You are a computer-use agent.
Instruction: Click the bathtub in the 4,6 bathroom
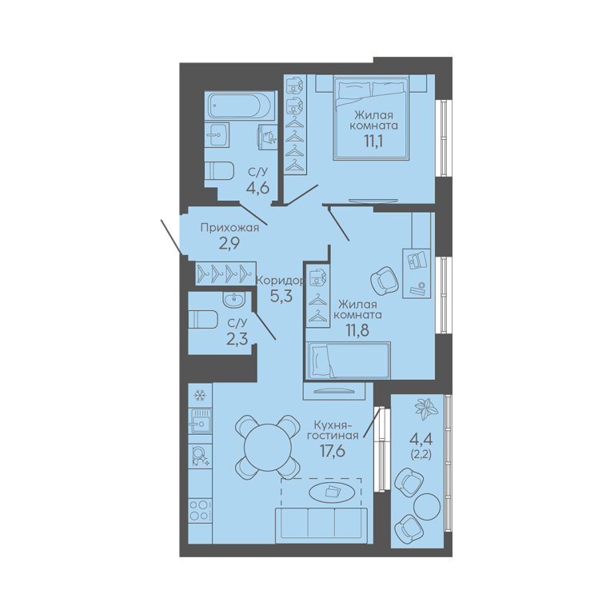(241, 106)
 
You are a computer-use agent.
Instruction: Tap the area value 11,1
(373, 141)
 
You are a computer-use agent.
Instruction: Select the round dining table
(268, 448)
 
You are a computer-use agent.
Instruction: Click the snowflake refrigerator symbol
(200, 396)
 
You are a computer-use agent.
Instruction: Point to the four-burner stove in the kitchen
(200, 510)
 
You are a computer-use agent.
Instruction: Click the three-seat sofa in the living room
(321, 524)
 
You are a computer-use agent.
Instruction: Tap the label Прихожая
(230, 228)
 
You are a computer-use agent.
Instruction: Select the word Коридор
(280, 281)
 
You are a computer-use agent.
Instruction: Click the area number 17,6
(333, 451)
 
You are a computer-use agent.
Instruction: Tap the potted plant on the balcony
(426, 409)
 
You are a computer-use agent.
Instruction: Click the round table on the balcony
(427, 506)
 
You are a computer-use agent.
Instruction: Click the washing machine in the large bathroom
(267, 137)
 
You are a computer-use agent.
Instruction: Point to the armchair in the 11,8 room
(385, 281)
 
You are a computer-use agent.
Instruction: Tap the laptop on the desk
(417, 260)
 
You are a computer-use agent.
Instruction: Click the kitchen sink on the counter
(200, 421)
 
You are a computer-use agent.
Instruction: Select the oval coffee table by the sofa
(332, 492)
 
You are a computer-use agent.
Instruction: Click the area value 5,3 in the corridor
(281, 296)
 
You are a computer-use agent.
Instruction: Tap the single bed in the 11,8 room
(348, 361)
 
